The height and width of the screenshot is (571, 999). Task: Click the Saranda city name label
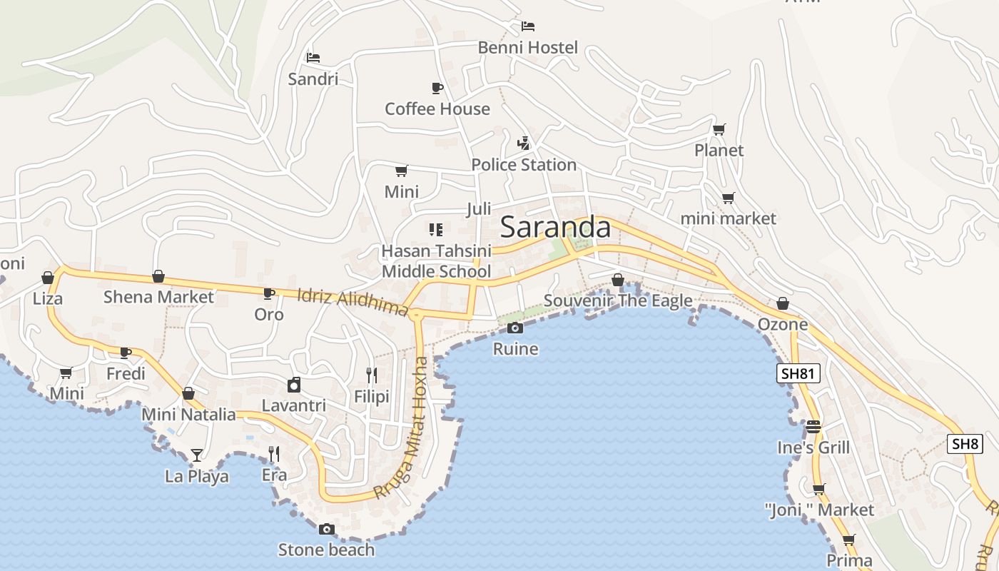[x=555, y=227]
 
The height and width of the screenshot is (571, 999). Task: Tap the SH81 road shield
[x=798, y=373]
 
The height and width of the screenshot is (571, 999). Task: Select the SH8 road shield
[x=965, y=443]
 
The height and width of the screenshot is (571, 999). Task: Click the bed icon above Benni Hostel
[x=527, y=26]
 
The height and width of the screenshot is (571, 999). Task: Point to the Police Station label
[x=524, y=165]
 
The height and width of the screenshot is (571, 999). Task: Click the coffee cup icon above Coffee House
[x=437, y=88]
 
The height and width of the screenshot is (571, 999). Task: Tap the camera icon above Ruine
[x=514, y=328]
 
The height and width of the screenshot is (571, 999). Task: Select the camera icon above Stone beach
[x=327, y=529]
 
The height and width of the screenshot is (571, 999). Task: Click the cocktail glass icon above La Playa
[x=196, y=455]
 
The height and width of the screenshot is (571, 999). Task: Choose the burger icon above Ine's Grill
[x=813, y=427]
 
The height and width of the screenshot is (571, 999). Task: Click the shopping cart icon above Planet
[x=719, y=129]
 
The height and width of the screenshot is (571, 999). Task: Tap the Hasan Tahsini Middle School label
[x=436, y=261]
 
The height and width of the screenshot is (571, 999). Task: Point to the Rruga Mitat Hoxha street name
[x=404, y=428]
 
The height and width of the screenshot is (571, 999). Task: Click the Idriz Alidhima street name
[x=352, y=302]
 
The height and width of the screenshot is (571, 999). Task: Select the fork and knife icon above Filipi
[x=371, y=375]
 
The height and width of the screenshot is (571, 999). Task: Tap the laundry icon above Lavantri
[x=293, y=385]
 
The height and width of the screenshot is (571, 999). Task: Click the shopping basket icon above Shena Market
[x=158, y=276]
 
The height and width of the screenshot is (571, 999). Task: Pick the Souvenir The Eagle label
[x=618, y=300]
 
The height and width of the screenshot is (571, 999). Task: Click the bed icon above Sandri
[x=313, y=57]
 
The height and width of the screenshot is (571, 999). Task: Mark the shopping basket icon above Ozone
[x=783, y=303]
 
